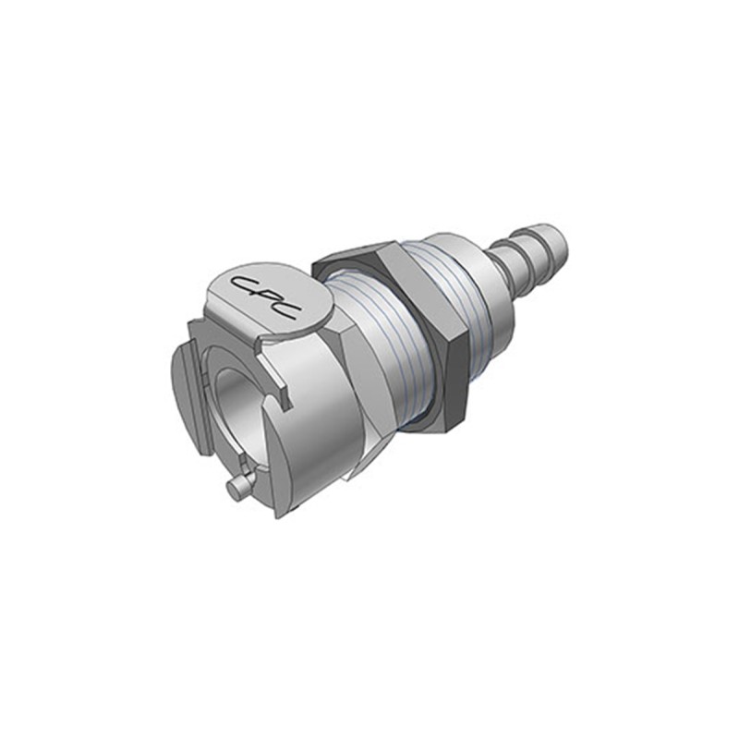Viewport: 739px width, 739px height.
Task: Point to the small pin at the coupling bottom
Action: pos(238,489)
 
